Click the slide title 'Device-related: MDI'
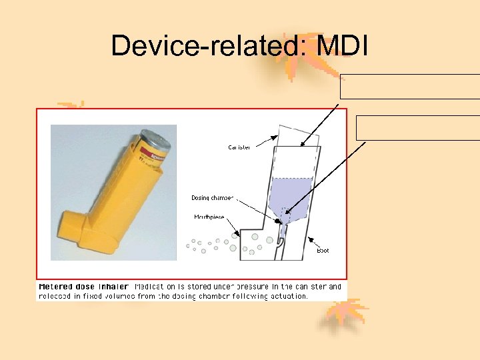239,45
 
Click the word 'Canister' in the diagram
239,147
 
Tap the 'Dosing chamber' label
213,198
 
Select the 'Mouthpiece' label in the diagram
208,217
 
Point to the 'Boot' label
323,251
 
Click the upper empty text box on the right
410,87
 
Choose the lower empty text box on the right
418,128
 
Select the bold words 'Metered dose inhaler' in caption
83,287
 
